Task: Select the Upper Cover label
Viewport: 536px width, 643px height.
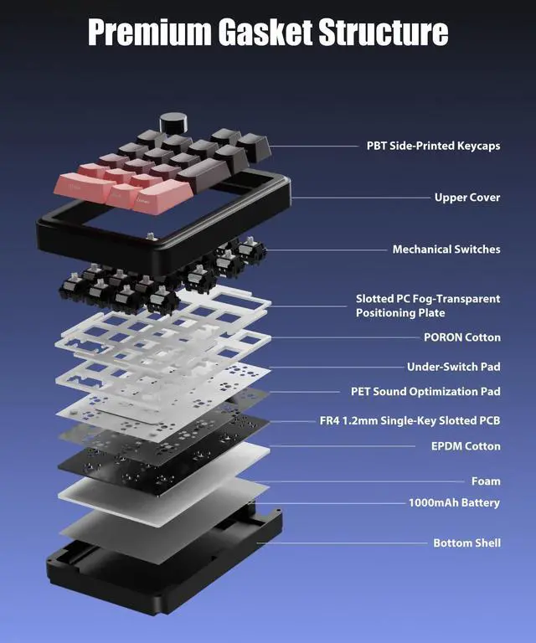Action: tap(466, 198)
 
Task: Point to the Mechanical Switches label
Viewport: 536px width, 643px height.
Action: tap(446, 249)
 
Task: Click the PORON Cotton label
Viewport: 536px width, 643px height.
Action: tap(461, 337)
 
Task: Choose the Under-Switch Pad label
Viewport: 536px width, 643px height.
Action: tap(453, 367)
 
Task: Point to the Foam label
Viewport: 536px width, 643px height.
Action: tap(485, 481)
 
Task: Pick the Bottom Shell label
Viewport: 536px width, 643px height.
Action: tap(466, 543)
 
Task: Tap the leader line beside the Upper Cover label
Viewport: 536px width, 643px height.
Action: tap(360, 198)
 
